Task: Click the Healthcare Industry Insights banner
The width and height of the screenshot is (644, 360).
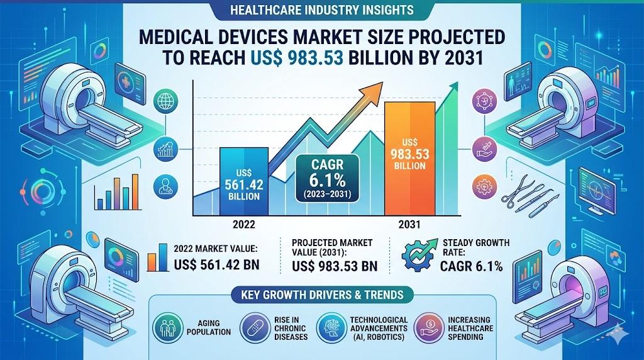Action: click(321, 10)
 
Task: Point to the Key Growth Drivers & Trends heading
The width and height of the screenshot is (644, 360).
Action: click(321, 294)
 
